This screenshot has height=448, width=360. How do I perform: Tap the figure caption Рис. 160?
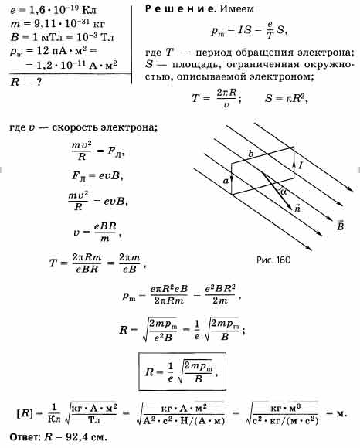(x=273, y=260)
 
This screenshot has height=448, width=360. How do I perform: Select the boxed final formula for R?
(x=182, y=372)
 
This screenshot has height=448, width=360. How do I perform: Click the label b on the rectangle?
(x=250, y=154)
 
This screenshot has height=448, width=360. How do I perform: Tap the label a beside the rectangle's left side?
(x=226, y=181)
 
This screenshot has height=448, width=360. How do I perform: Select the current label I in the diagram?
(x=301, y=165)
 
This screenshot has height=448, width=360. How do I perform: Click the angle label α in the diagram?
(x=283, y=192)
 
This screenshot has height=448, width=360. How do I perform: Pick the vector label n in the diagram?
(x=297, y=208)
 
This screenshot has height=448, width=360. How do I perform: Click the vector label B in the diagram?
(x=340, y=225)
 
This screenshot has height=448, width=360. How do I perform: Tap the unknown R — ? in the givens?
(x=26, y=83)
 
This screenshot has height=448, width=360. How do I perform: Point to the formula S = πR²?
(x=287, y=98)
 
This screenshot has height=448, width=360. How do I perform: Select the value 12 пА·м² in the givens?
(x=62, y=51)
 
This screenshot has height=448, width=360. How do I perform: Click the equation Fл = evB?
(x=97, y=175)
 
